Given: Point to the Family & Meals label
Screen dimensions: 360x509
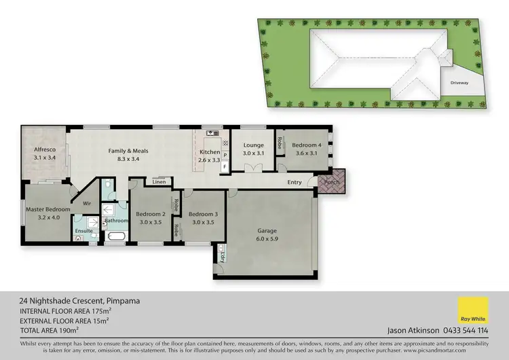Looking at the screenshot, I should coord(128,151).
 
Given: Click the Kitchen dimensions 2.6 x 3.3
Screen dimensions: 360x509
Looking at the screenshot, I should coord(209,160).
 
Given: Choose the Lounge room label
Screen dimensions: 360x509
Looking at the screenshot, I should coord(252,145).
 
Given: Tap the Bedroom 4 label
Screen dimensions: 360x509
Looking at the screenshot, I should coord(307,145).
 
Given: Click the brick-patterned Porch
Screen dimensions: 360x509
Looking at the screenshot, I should coord(332,183).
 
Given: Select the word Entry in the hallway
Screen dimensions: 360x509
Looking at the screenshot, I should coord(295,182).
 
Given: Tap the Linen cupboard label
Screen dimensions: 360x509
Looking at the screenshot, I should coord(159,182).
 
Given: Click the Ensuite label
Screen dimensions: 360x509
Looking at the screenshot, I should coord(84,231).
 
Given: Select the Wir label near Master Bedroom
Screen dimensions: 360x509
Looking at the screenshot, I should coord(87,202).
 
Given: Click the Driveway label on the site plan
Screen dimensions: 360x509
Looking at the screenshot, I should coord(459,83).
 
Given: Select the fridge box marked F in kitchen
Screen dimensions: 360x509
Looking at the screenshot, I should coord(225,166).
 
